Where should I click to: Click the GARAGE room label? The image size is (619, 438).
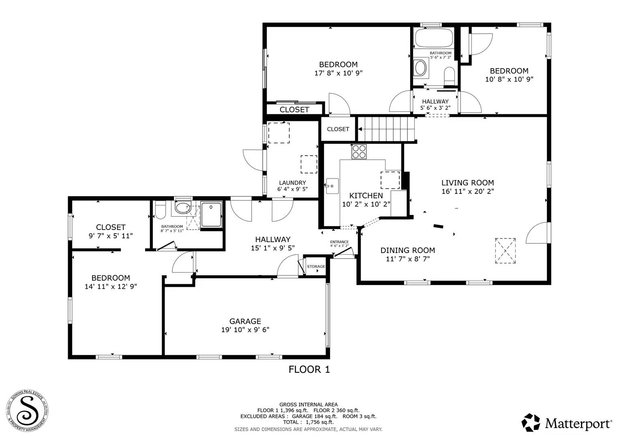pos(245,321)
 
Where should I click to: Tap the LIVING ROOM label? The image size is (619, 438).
pos(467,183)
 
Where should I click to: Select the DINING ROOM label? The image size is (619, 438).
pos(407,251)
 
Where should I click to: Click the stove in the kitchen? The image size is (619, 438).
pos(359,152)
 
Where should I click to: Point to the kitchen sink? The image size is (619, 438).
pos(332,186)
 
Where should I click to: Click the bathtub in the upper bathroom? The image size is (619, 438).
pos(433,38)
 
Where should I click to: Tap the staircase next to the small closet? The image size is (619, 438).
pos(387,129)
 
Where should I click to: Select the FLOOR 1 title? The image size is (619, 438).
pos(309,369)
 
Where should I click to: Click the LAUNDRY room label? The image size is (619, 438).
pos(292,183)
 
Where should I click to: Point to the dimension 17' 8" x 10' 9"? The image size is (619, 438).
pos(338,73)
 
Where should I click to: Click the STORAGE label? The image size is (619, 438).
pos(316,266)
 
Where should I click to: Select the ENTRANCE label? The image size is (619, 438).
pos(339,242)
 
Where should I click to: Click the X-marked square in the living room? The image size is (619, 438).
pos(505,251)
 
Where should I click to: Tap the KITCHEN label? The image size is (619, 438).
pos(366,196)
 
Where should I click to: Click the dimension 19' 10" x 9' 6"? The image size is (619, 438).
pos(245,330)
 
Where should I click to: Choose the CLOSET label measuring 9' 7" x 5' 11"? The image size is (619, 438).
pos(111,228)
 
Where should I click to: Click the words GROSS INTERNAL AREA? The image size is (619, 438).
pos(308,404)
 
